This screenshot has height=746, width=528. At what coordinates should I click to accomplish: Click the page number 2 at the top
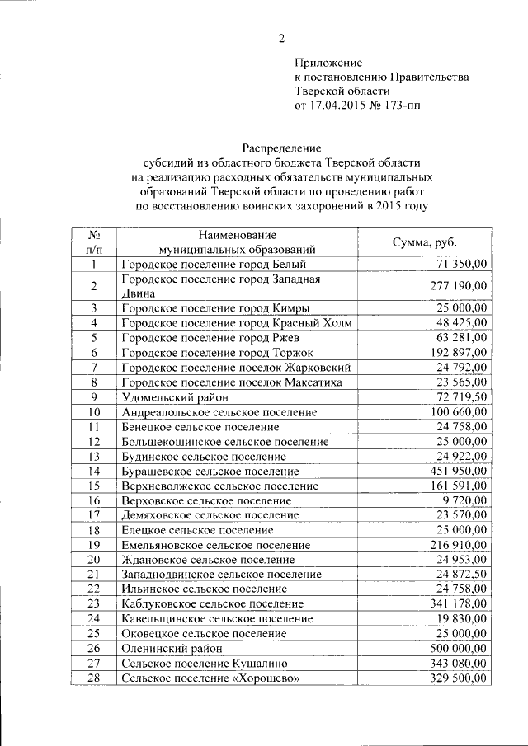[281, 38]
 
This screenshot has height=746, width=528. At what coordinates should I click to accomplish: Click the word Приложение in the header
[328, 62]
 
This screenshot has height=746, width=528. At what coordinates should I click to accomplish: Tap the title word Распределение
[281, 148]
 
